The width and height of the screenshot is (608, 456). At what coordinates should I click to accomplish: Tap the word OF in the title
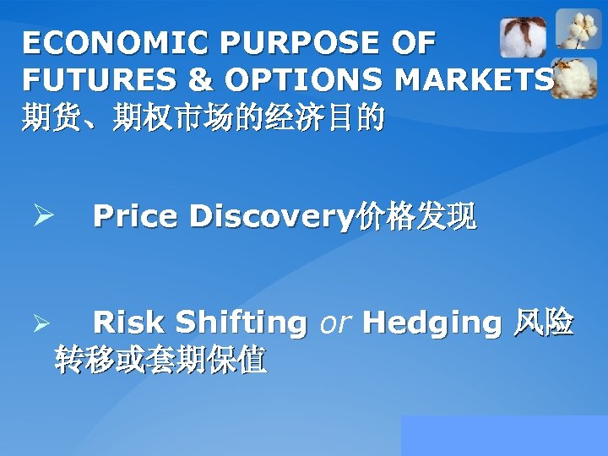(x=414, y=41)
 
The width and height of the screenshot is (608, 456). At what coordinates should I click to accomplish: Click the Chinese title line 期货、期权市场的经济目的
(x=203, y=117)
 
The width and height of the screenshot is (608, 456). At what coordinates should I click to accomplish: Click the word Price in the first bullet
(x=136, y=217)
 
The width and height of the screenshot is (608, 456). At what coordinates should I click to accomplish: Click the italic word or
(x=334, y=323)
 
